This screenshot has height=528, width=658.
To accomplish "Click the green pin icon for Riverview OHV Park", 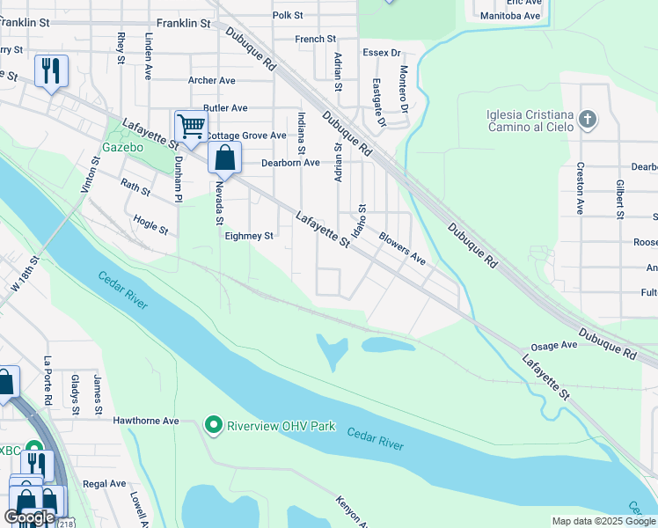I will [x=213, y=426].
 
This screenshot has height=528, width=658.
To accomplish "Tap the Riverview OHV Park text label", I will [x=281, y=427].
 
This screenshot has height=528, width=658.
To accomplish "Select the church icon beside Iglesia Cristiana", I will [x=589, y=119].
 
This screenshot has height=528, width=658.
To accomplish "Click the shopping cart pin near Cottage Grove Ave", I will [x=190, y=127].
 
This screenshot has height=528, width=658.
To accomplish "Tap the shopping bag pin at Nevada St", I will [x=224, y=158].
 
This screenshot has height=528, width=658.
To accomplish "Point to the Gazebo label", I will [x=122, y=147].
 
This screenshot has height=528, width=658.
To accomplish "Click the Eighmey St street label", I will [x=249, y=236].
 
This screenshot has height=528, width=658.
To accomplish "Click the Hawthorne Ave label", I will [x=146, y=422].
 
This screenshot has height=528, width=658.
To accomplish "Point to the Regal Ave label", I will [x=105, y=484].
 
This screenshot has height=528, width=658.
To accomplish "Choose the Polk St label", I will [x=288, y=16].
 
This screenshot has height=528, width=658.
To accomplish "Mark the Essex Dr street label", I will [x=382, y=53].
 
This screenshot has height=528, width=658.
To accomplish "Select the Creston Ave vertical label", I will [x=580, y=187].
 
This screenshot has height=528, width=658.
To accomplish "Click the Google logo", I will [x=29, y=517].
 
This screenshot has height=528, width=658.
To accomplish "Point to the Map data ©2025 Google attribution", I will [x=603, y=521].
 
